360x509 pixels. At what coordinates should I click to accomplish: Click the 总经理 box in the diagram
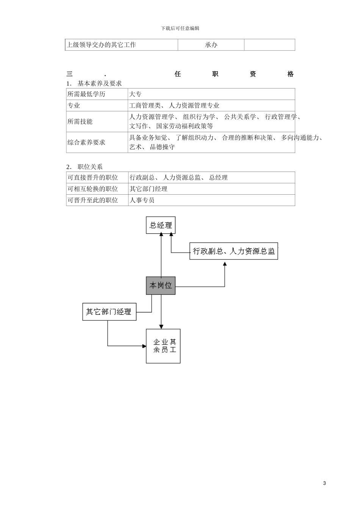pyautogui.click(x=161, y=225)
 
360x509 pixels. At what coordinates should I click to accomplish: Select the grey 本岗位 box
pyautogui.click(x=161, y=286)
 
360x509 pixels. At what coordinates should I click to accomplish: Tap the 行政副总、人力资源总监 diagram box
pyautogui.click(x=233, y=251)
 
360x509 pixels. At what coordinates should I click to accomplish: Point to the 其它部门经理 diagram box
pyautogui.click(x=109, y=312)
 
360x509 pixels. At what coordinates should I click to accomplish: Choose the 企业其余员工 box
pyautogui.click(x=163, y=346)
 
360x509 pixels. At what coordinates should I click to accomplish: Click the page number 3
pyautogui.click(x=324, y=483)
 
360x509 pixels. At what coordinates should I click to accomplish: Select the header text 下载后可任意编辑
pyautogui.click(x=180, y=28)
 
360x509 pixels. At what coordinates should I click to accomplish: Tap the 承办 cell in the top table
pyautogui.click(x=211, y=45)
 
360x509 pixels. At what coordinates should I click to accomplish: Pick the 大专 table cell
pyautogui.click(x=135, y=94)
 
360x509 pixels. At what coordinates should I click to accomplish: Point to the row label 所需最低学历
pyautogui.click(x=86, y=94)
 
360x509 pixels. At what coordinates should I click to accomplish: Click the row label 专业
pyautogui.click(x=74, y=105)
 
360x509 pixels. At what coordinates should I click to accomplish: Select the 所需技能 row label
pyautogui.click(x=80, y=122)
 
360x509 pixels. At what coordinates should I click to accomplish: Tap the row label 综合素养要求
pyautogui.click(x=86, y=142)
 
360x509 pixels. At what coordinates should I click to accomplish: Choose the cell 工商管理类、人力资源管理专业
pyautogui.click(x=174, y=105)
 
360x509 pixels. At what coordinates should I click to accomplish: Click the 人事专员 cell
pyautogui.click(x=142, y=200)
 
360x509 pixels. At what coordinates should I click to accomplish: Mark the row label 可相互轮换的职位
pyautogui.click(x=93, y=189)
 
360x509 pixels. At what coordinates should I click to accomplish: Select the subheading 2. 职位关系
pyautogui.click(x=85, y=167)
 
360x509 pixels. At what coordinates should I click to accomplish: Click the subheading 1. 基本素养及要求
pyautogui.click(x=94, y=83)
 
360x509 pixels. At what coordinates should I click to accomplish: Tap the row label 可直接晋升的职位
pyautogui.click(x=93, y=177)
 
